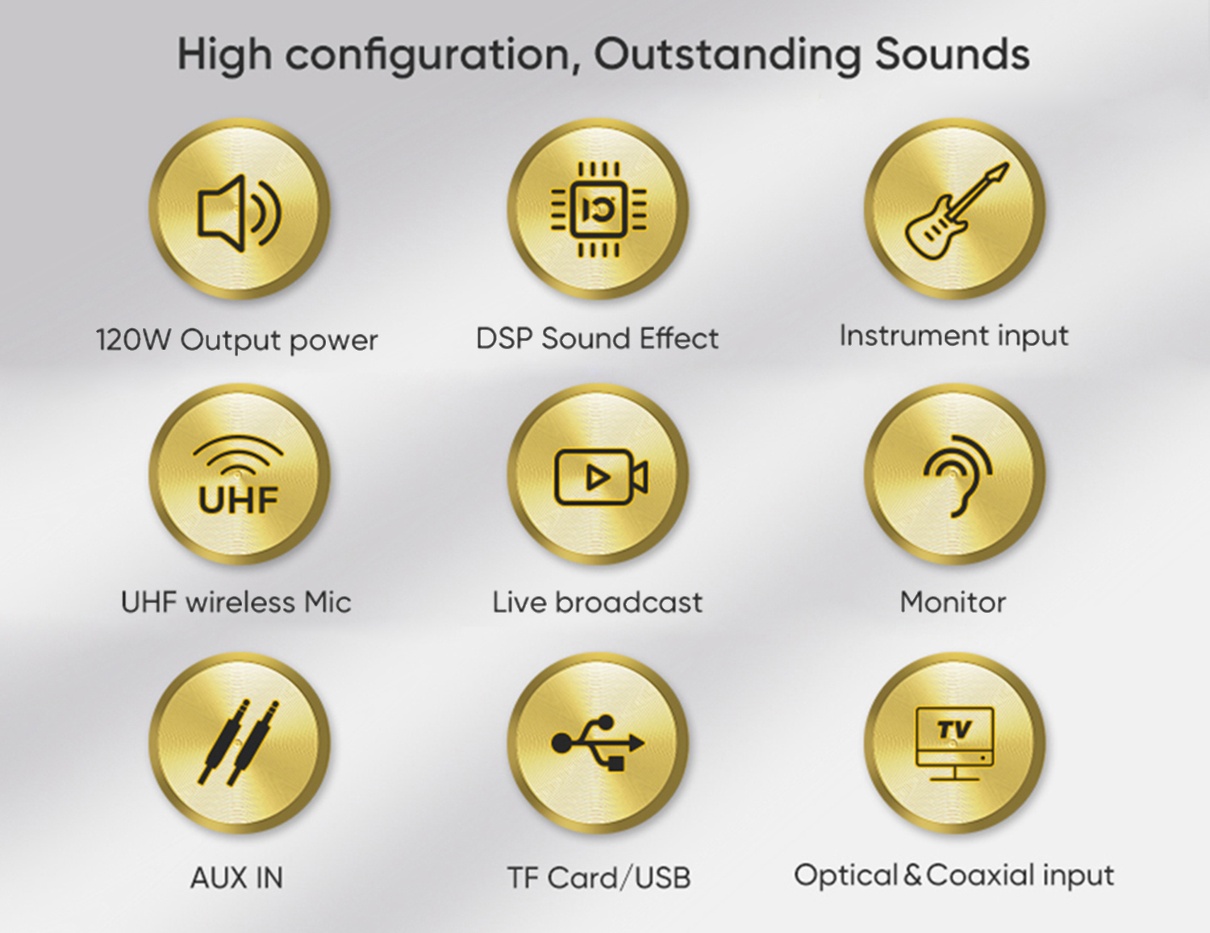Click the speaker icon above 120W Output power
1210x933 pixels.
click(240, 213)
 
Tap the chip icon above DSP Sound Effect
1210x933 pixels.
click(599, 210)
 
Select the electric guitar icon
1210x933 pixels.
click(956, 211)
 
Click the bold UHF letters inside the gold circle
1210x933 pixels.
click(238, 499)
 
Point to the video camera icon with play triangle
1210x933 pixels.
click(601, 477)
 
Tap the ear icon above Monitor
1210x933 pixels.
click(958, 476)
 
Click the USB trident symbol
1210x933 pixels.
click(598, 743)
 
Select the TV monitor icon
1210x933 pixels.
click(955, 743)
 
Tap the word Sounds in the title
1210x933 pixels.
click(952, 55)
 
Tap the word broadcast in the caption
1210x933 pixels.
click(628, 602)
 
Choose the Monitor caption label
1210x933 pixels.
click(953, 602)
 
